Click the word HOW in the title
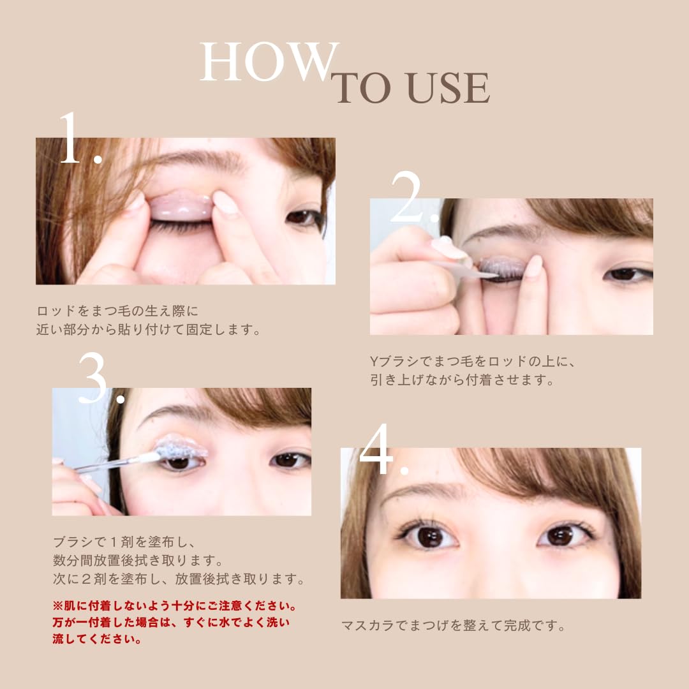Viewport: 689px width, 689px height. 267,62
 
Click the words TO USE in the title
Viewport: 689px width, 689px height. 413,88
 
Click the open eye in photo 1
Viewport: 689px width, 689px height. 304,218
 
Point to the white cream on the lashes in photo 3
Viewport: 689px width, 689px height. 182,447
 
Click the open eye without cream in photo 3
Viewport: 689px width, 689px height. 290,460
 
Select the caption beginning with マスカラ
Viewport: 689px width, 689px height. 454,625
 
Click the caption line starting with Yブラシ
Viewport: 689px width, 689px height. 473,362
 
